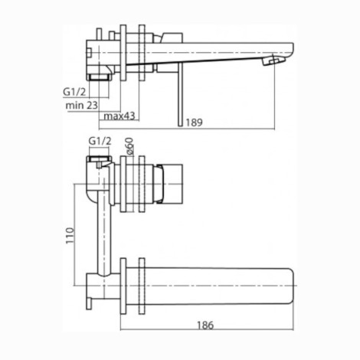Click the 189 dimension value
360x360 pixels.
(194, 123)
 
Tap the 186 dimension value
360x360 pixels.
(205, 326)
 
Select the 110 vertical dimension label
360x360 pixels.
(70, 235)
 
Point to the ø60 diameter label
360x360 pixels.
(129, 146)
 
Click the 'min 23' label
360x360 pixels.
(82, 105)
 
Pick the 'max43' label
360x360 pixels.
(119, 116)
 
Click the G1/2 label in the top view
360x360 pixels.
(75, 92)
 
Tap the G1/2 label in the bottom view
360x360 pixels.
(100, 141)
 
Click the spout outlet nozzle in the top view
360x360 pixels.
(273, 61)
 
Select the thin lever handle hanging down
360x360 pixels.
(181, 94)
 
